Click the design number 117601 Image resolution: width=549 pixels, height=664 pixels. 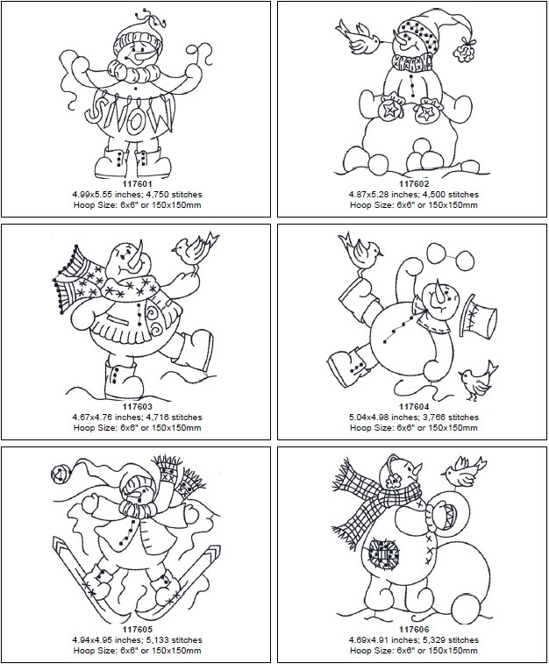136,183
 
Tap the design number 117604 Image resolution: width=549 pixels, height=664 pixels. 413,406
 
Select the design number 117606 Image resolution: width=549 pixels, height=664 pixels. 413,629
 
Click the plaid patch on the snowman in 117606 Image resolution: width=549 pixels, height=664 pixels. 384,554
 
